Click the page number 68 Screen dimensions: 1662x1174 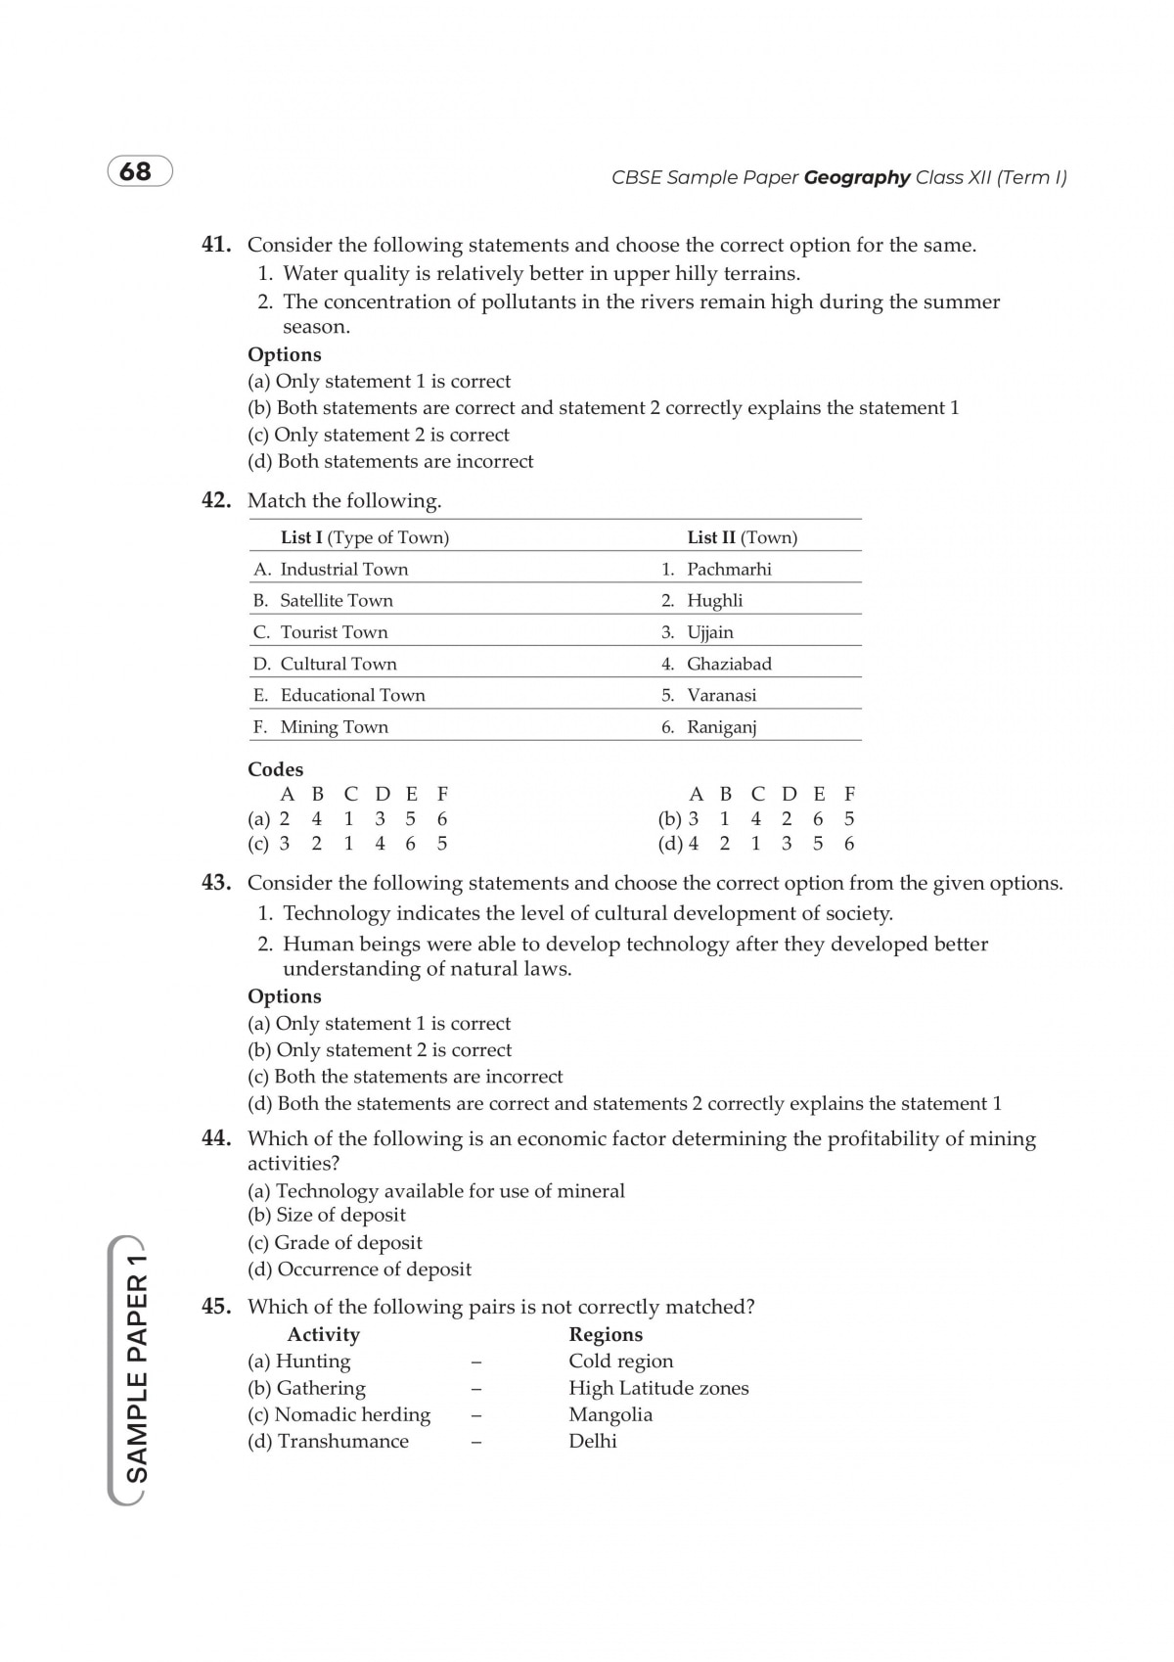coord(136,172)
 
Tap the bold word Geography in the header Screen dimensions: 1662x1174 coord(857,178)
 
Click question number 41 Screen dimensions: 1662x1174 coord(216,245)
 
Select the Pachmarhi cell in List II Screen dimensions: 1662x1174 coord(729,570)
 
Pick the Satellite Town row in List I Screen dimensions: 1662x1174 coord(336,601)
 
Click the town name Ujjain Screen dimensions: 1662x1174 coord(710,632)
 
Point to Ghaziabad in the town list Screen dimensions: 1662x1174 coord(729,664)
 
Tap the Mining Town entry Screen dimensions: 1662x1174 coord(334,727)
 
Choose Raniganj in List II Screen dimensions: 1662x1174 coord(722,727)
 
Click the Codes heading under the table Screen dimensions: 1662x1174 coord(275,769)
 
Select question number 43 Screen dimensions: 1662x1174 coord(216,883)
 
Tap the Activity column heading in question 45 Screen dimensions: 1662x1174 coord(323,1335)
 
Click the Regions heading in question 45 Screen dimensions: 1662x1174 coord(606,1335)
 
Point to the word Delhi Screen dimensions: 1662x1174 coord(593,1442)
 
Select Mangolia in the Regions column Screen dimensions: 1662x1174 coord(610,1415)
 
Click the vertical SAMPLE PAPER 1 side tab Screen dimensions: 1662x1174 coord(136,1370)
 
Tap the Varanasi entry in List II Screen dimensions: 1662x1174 coord(721,696)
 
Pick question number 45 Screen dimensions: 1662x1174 coord(216,1307)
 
